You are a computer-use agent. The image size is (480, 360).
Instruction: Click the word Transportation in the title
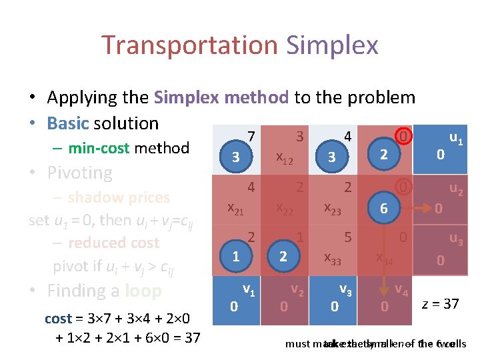tap(189, 45)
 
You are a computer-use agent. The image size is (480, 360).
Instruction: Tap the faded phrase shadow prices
tap(118, 197)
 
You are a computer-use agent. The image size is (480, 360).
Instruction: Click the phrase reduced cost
tap(113, 243)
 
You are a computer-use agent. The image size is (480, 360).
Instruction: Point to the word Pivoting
tap(79, 173)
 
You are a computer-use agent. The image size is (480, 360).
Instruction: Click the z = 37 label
tap(440, 304)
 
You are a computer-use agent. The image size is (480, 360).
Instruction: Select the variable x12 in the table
tap(285, 158)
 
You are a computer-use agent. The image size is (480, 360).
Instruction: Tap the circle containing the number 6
tap(383, 208)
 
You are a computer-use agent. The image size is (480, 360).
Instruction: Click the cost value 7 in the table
tap(251, 137)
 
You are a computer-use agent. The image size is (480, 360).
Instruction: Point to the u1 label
tap(456, 139)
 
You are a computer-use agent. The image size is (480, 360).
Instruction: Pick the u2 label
tap(456, 189)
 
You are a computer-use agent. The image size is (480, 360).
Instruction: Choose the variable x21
tap(235, 209)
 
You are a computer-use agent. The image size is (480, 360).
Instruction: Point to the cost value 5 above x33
tap(347, 236)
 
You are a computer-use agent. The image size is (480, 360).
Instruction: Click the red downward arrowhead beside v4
tap(385, 292)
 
